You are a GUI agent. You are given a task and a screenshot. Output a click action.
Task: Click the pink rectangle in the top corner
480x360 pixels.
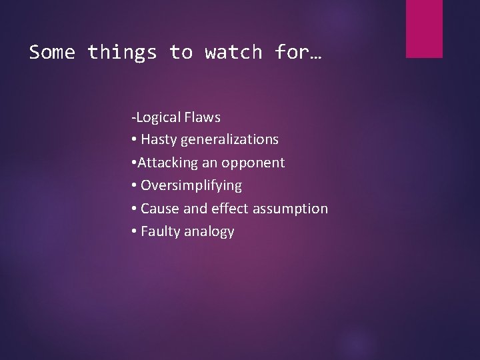click(424, 28)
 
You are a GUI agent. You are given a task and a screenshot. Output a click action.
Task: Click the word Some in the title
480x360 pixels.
click(52, 52)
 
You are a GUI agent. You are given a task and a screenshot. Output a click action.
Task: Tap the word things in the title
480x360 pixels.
click(122, 52)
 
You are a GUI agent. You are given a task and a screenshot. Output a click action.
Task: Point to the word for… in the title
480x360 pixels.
click(297, 52)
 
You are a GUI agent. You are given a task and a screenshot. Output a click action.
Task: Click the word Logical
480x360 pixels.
click(157, 117)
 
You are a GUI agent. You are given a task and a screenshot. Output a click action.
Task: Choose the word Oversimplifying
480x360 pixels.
click(191, 185)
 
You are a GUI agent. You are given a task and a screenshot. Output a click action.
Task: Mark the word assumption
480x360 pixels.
click(292, 209)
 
